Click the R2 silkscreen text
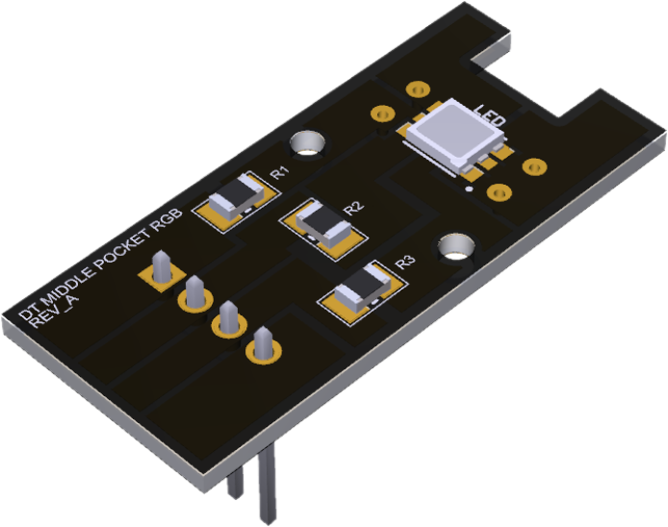pyautogui.click(x=352, y=207)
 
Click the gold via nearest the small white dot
pyautogui.click(x=498, y=191)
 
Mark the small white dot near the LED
pyautogui.click(x=468, y=188)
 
